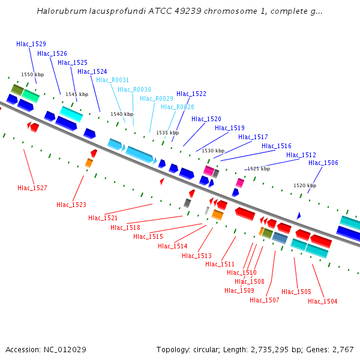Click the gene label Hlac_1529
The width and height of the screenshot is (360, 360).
pyautogui.click(x=31, y=44)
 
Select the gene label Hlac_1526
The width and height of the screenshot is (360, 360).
pyautogui.click(x=52, y=53)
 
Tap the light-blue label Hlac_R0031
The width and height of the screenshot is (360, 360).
pyautogui.click(x=112, y=80)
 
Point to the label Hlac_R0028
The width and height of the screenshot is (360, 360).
pyautogui.click(x=178, y=107)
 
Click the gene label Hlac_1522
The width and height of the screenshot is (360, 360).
pyautogui.click(x=191, y=94)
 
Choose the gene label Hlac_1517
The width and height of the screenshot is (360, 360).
pyautogui.click(x=253, y=137)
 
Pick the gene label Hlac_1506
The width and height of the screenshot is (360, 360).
pyautogui.click(x=323, y=163)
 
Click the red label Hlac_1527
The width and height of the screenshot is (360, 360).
pyautogui.click(x=32, y=188)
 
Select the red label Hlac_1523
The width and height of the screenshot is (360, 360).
pyautogui.click(x=71, y=205)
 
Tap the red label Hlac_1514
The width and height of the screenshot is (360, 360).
pyautogui.click(x=173, y=247)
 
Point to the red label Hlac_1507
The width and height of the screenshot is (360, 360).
pyautogui.click(x=265, y=300)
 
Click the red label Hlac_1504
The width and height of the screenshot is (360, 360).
pyautogui.click(x=323, y=301)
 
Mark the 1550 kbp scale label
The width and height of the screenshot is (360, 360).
pyautogui.click(x=32, y=75)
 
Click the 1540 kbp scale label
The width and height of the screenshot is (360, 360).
pyautogui.click(x=122, y=114)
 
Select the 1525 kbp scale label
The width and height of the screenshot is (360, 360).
pyautogui.click(x=259, y=169)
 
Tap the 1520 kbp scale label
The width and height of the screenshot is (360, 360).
pyautogui.click(x=305, y=186)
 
